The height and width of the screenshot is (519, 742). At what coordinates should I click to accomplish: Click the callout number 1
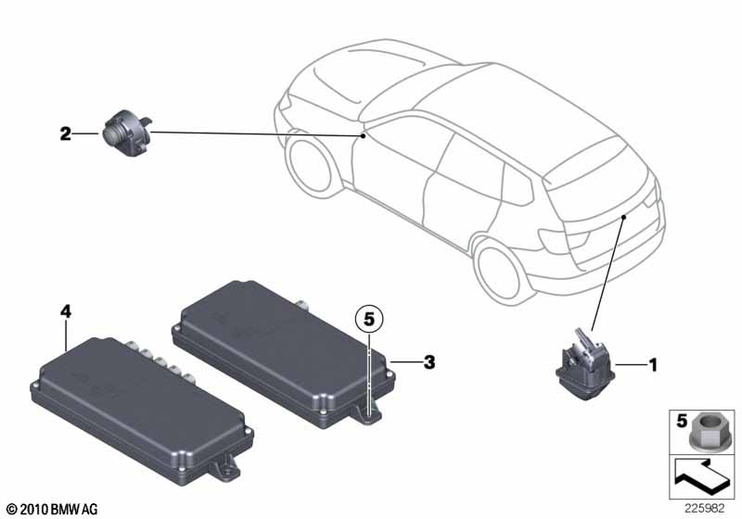[653, 365]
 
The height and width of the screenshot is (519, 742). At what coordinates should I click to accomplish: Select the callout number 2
[65, 133]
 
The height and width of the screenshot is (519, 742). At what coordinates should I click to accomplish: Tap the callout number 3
[429, 362]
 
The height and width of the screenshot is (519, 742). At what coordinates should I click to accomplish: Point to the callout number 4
[66, 311]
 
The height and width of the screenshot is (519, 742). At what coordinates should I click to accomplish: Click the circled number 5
[369, 320]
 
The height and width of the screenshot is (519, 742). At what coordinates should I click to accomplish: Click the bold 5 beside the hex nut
[682, 421]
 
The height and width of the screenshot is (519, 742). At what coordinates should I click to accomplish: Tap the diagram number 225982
[705, 509]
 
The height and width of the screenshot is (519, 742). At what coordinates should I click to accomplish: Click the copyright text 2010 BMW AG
[53, 510]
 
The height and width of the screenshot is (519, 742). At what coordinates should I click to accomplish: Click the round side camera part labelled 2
[127, 133]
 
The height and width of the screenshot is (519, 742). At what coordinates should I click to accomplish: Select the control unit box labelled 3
[284, 355]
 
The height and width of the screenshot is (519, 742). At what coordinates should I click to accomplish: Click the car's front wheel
[310, 163]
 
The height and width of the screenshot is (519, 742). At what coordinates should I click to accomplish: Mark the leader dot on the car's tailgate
[624, 217]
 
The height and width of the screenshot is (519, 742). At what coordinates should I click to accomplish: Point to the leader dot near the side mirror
[363, 136]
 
